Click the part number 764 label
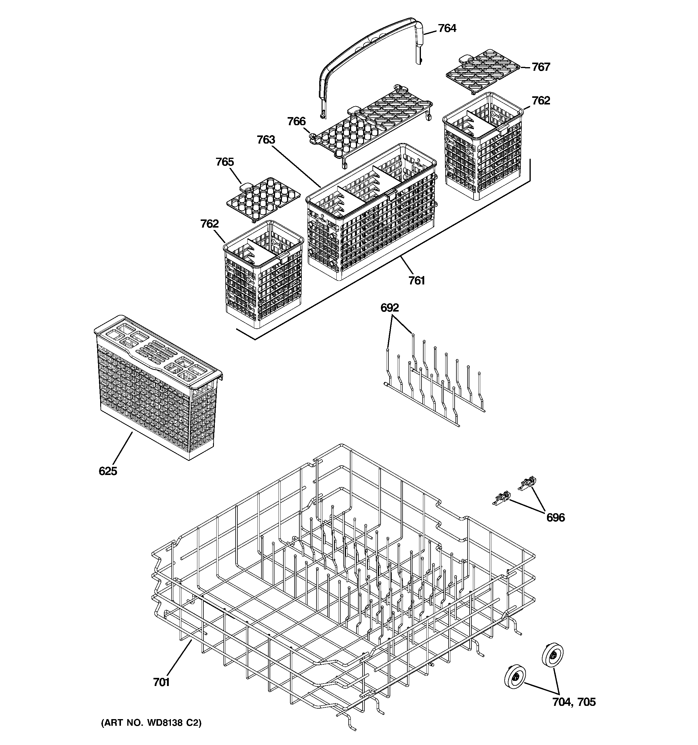point(447,29)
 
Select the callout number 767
point(541,67)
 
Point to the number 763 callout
point(266,140)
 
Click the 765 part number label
point(224,162)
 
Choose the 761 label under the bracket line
point(417,280)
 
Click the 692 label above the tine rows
point(390,308)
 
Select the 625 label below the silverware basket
point(108,471)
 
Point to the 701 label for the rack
point(161,682)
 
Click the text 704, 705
point(574,702)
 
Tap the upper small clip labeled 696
point(527,483)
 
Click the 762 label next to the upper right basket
point(541,101)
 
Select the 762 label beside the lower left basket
point(209,224)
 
